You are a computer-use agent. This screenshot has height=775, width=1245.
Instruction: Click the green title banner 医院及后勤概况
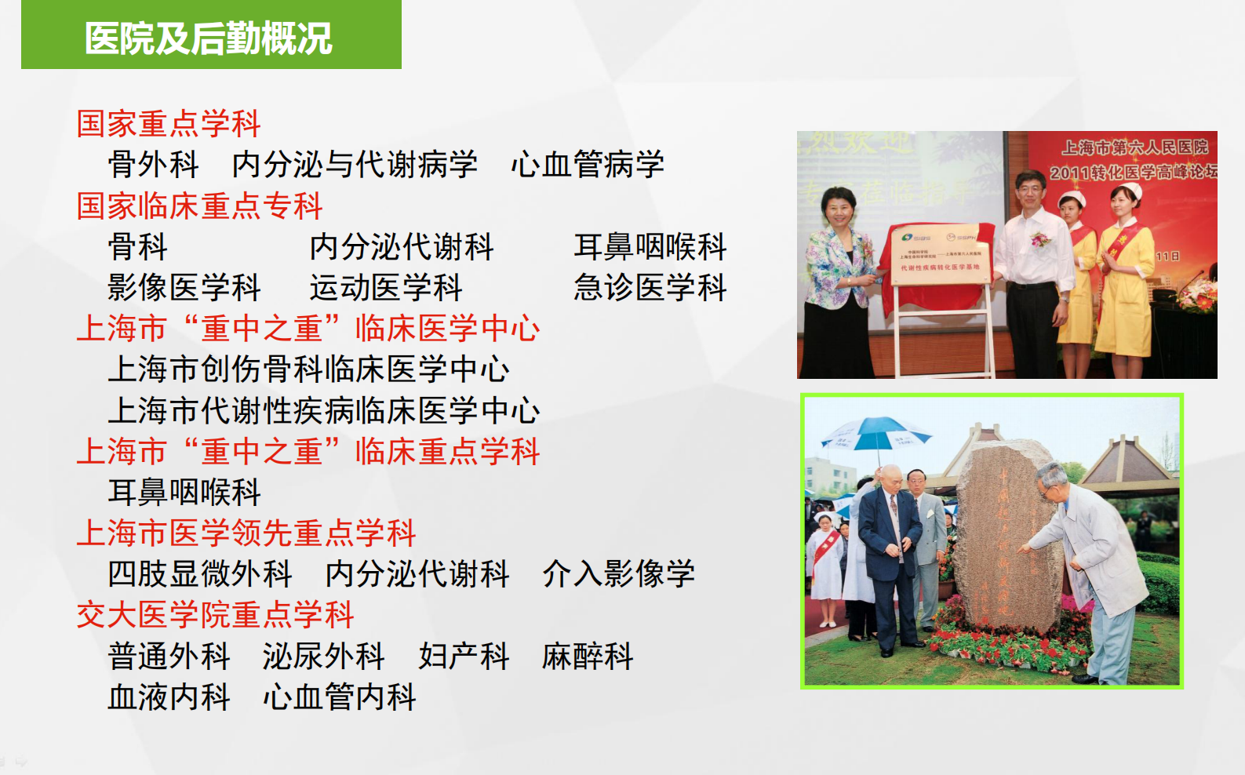click(x=210, y=37)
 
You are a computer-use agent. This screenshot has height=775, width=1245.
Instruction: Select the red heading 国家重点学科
click(x=169, y=124)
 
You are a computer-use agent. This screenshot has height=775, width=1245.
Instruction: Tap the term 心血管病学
click(x=588, y=165)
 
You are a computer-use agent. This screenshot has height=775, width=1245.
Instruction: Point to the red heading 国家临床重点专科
click(x=200, y=206)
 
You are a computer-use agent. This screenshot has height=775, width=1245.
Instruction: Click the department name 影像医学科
click(x=184, y=288)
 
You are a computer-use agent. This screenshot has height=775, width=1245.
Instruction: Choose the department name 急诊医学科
click(x=650, y=288)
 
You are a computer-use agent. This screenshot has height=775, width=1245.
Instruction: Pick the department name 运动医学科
click(x=386, y=288)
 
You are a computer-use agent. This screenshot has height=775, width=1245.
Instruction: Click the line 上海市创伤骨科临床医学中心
click(x=308, y=369)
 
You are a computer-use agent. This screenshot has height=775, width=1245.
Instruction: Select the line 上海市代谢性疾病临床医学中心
click(x=324, y=410)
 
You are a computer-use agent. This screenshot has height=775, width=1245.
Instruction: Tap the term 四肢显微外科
click(x=200, y=574)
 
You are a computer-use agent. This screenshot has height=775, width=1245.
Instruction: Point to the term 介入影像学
click(x=619, y=574)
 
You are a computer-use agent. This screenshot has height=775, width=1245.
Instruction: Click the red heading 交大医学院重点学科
click(x=216, y=615)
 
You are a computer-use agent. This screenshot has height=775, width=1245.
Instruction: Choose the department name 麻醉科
click(x=588, y=657)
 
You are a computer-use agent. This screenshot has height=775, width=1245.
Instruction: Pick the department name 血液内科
click(x=169, y=697)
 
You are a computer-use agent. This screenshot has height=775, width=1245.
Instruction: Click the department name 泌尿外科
click(x=324, y=657)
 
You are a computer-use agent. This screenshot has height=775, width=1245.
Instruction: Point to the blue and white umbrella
click(x=875, y=432)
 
